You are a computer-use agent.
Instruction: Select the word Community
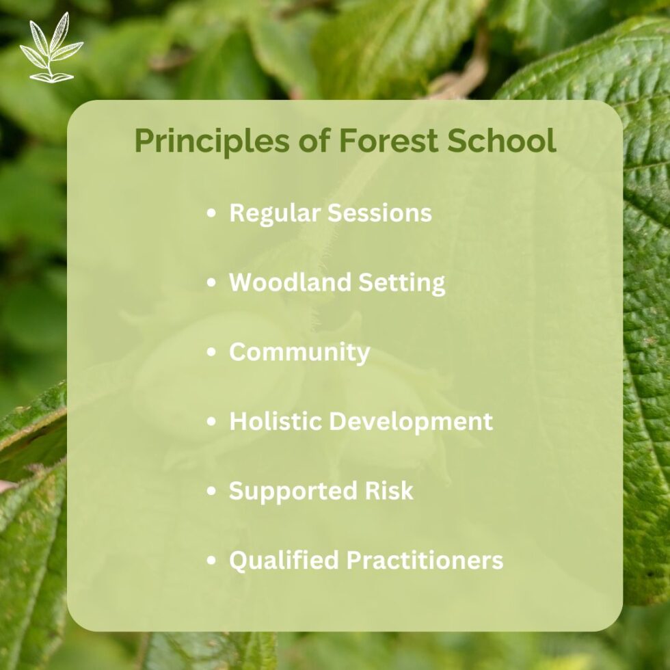pos(299,353)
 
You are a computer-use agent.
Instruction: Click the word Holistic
pos(277,421)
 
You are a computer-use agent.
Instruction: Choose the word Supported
pos(285,491)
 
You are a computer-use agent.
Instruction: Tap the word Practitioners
pos(425,560)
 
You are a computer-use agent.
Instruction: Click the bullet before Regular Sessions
pos(212,213)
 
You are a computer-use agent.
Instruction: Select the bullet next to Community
pos(212,353)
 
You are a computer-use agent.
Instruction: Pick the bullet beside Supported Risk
pos(212,491)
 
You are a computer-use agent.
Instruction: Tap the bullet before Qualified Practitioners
pos(212,561)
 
